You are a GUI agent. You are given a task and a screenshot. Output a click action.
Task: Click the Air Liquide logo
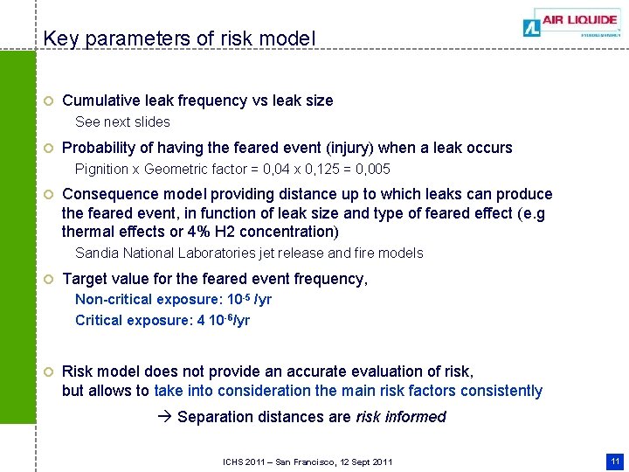(x=571, y=23)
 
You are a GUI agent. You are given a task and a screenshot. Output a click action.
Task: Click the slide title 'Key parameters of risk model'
(x=179, y=38)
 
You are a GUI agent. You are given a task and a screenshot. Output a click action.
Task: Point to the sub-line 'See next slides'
(x=122, y=121)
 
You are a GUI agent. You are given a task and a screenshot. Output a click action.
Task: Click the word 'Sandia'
(x=97, y=253)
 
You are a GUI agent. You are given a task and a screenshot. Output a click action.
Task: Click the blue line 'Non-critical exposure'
(x=173, y=300)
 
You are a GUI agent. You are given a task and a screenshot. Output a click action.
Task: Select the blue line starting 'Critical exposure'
(x=162, y=320)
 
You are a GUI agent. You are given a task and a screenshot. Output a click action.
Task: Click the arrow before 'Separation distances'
(x=167, y=417)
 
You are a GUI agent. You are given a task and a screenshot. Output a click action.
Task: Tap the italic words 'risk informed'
(x=401, y=417)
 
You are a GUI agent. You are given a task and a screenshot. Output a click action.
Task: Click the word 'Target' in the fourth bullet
(x=85, y=279)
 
